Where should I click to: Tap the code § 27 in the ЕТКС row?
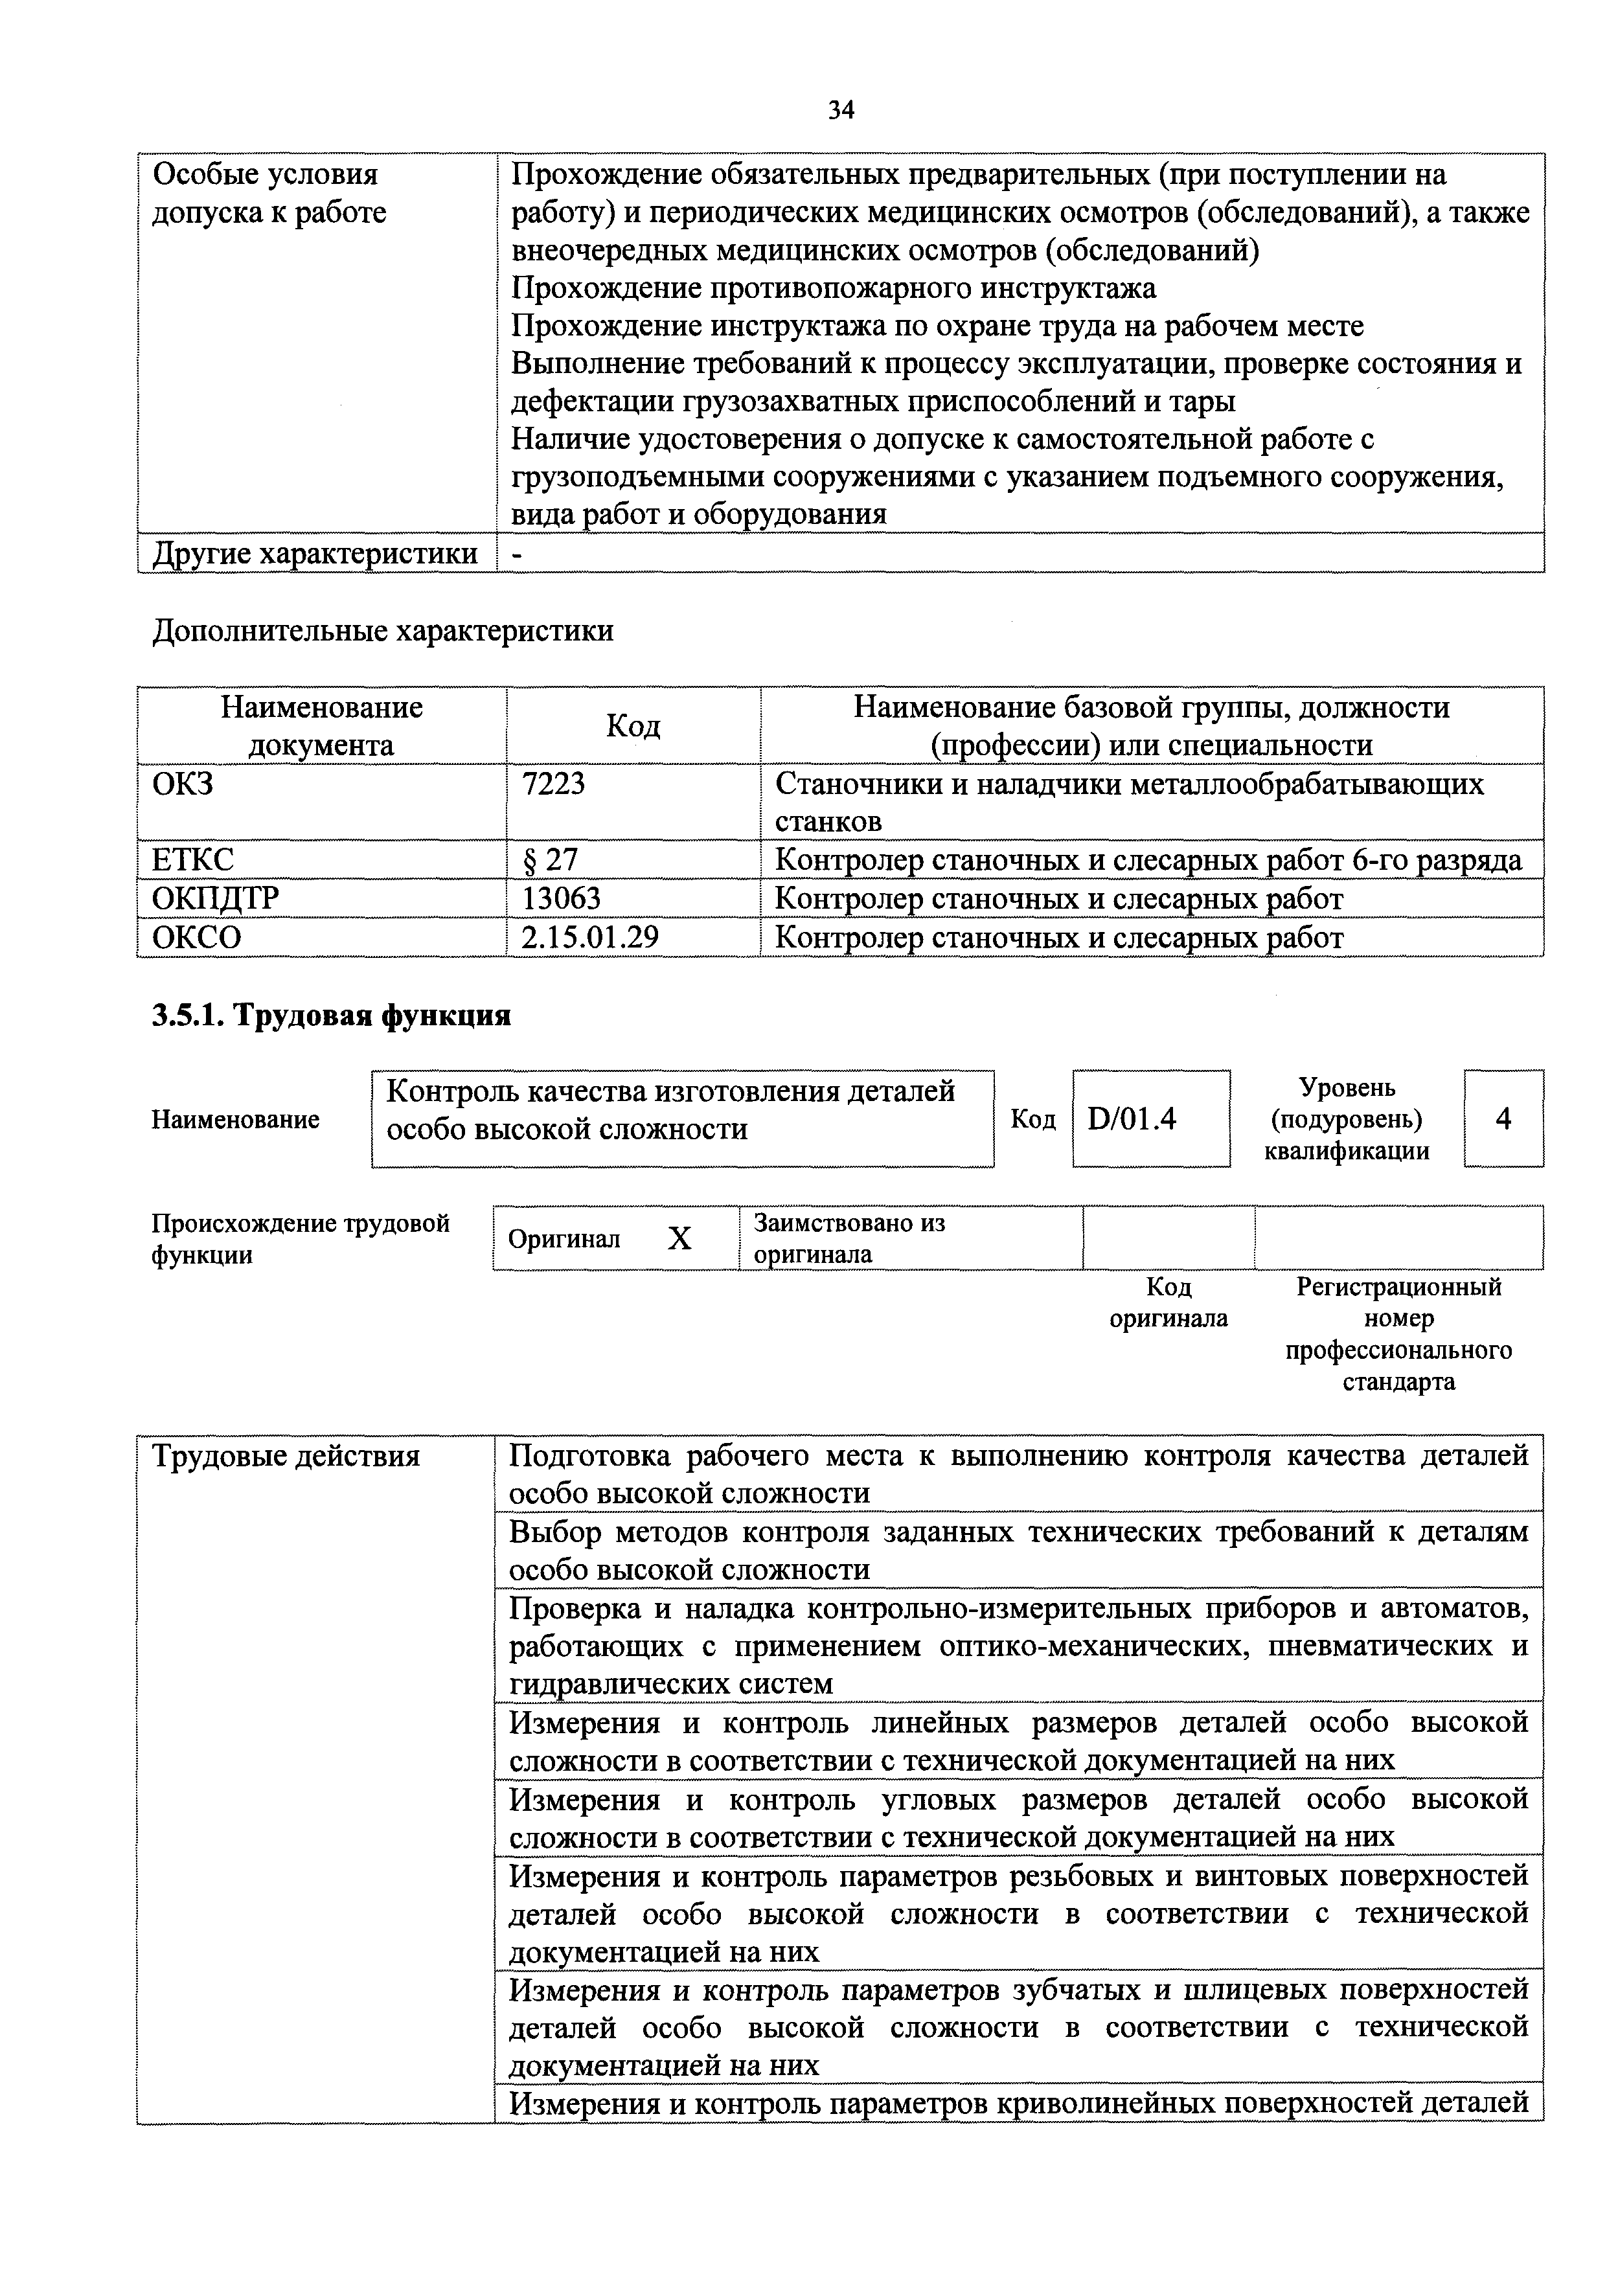549,860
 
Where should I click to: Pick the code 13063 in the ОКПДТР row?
561,898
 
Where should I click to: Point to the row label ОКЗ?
183,784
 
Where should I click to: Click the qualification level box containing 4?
1503,1119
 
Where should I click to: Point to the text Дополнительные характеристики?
382,630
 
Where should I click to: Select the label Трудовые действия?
286,1456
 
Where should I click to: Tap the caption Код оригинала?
1168,1302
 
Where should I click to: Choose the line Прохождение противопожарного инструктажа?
833,288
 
